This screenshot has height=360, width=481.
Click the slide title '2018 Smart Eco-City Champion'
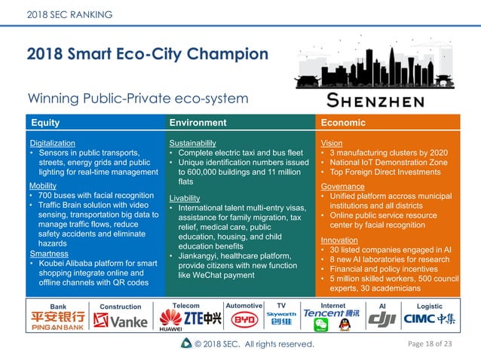point(147,54)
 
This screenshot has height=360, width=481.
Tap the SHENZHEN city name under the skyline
point(375,100)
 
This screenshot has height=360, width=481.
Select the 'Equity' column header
point(44,123)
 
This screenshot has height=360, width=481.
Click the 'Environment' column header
point(198,123)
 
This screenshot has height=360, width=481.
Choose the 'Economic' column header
point(343,123)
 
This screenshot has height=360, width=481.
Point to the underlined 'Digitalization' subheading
point(52,143)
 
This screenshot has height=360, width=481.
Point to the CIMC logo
point(430,319)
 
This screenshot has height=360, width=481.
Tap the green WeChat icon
point(321,325)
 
